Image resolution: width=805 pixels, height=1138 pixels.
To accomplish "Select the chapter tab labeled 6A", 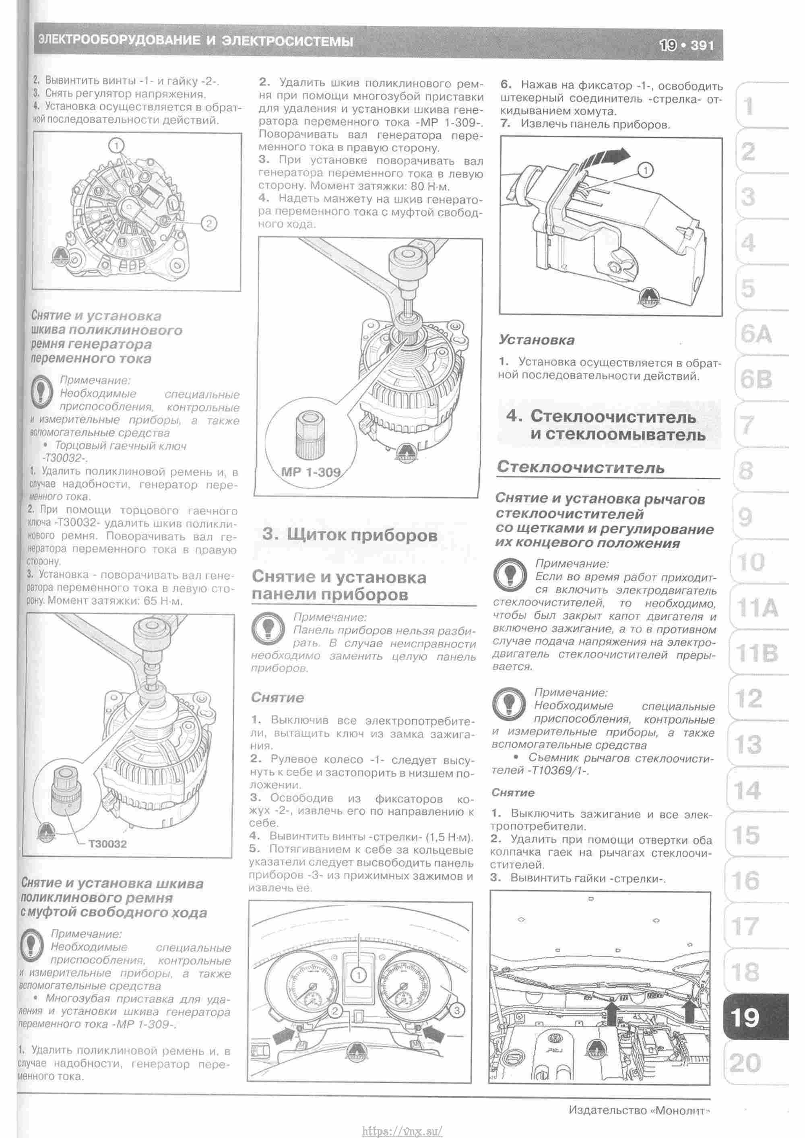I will (756, 335).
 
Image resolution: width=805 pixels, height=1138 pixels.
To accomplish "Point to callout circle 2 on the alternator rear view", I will (208, 223).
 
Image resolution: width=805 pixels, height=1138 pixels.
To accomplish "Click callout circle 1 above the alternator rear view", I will (116, 146).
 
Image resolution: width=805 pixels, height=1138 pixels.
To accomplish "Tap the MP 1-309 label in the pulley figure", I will (311, 472).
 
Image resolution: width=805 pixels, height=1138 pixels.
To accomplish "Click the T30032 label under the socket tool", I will (107, 844).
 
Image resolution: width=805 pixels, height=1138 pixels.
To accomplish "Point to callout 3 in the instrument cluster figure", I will (456, 1010).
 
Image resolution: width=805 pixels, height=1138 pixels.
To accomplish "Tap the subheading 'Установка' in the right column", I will (537, 340).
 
